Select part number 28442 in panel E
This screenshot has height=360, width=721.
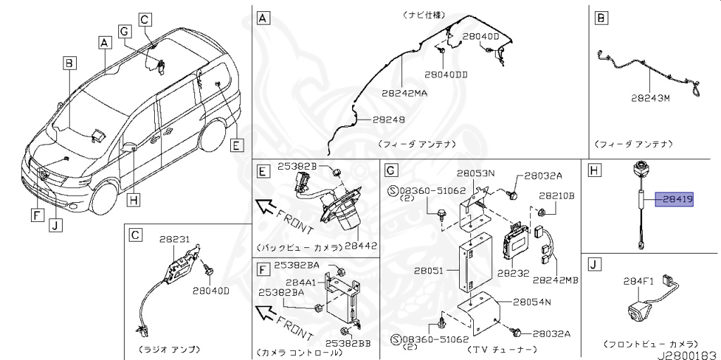coord(361,246)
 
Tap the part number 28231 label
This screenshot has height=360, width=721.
coord(175,240)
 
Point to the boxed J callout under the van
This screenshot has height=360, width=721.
coord(54,225)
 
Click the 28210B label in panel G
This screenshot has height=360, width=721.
coord(558,195)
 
